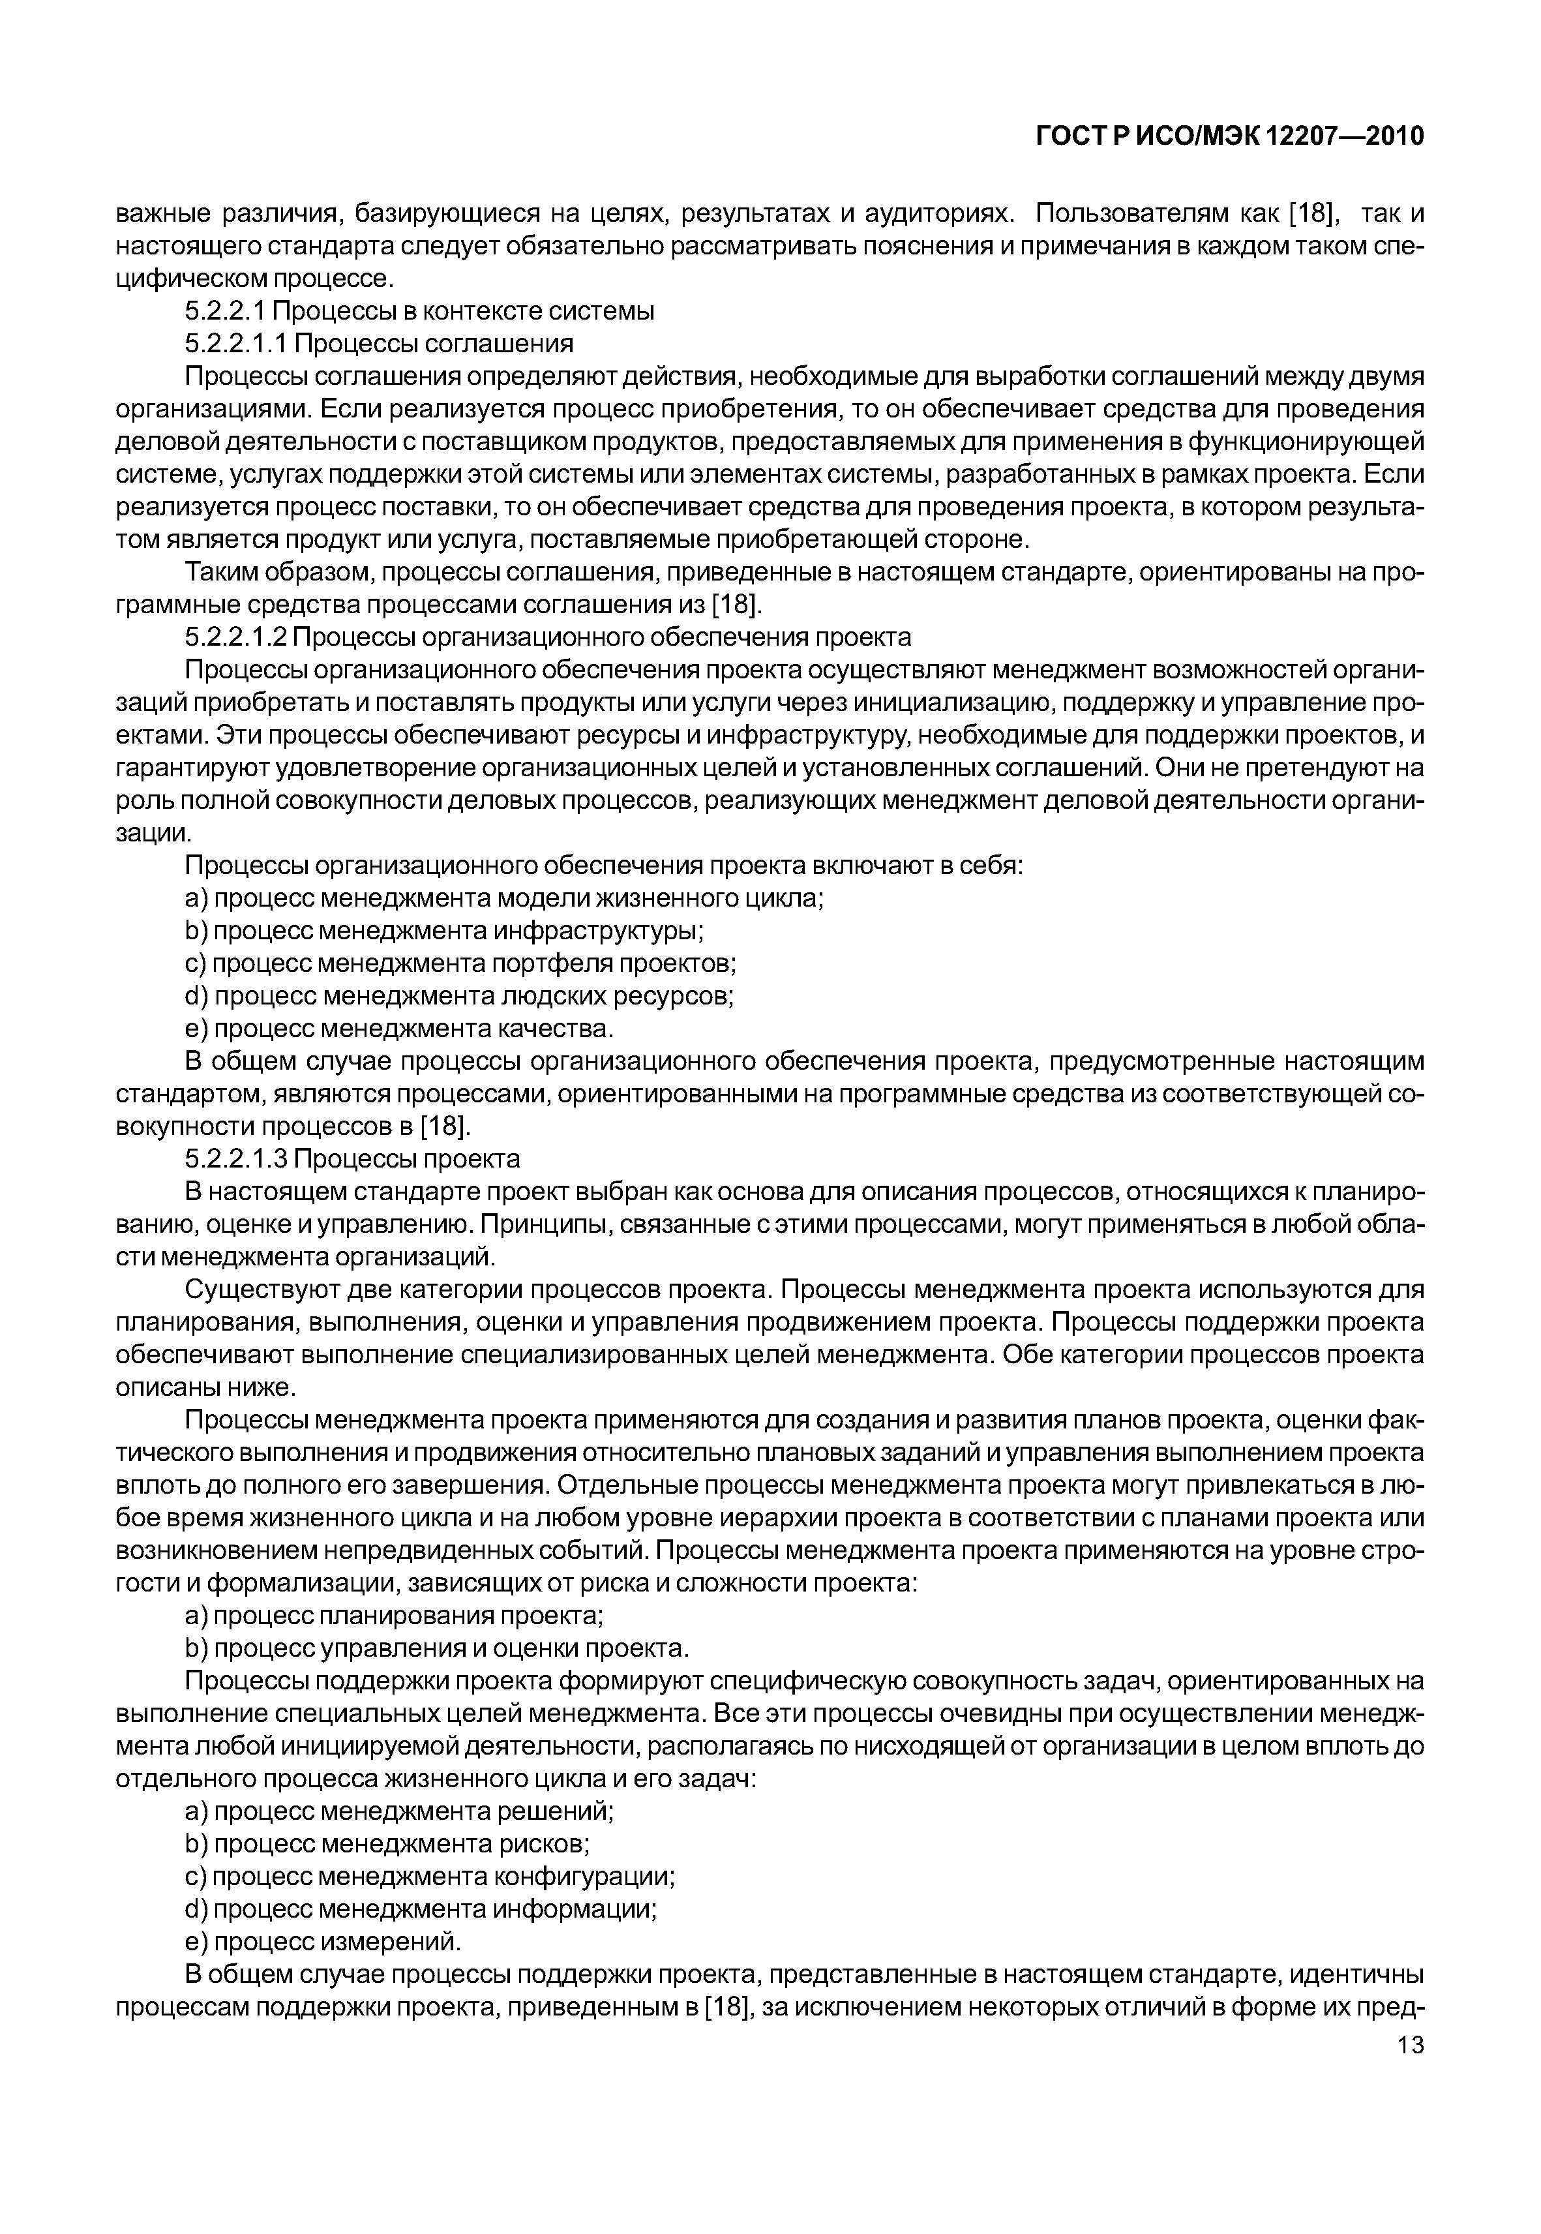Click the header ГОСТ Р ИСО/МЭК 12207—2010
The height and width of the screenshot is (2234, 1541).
(1230, 137)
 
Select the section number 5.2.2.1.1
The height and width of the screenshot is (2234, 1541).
(237, 344)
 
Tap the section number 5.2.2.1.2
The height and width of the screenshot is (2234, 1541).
(237, 637)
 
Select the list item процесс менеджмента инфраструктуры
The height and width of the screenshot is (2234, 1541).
(444, 931)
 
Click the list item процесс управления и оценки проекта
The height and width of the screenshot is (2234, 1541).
(436, 1648)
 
